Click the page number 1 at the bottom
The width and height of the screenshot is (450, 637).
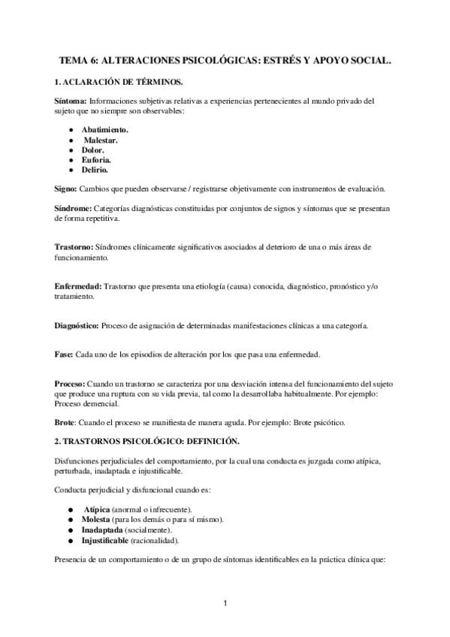(225, 603)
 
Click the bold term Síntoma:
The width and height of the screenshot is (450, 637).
(71, 100)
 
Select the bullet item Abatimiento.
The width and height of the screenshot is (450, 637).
(105, 130)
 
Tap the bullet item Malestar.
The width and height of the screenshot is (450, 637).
(101, 140)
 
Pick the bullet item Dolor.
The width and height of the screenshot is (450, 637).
(93, 149)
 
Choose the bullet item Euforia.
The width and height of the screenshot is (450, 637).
(97, 160)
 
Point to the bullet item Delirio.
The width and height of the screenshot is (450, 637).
(96, 170)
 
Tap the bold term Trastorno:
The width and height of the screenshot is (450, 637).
(74, 247)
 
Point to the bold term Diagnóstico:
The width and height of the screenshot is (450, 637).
(77, 325)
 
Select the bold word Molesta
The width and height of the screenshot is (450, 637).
(98, 520)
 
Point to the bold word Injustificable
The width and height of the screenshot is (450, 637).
(106, 539)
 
